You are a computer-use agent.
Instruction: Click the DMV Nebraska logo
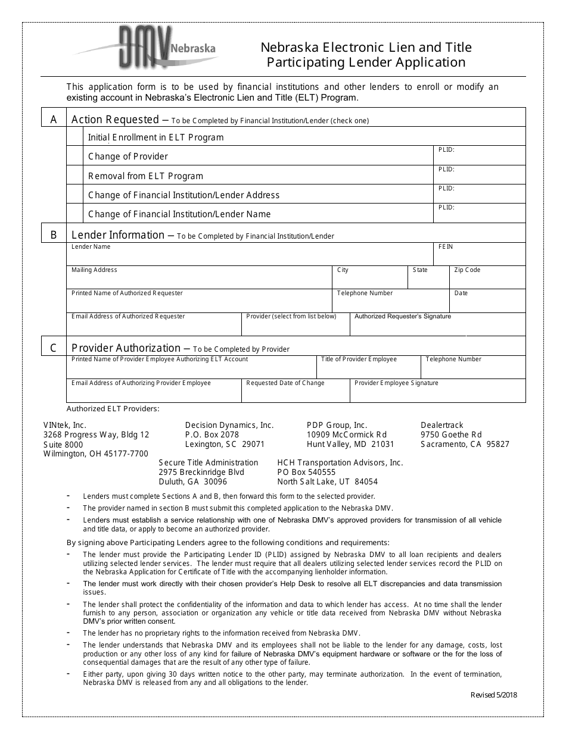tap(146, 48)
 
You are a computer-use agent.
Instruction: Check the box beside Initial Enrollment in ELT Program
tap(75, 137)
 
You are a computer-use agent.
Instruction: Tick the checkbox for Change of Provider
tap(75, 156)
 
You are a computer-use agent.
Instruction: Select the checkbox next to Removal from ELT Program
tap(75, 176)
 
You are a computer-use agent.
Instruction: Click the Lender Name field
tap(250, 256)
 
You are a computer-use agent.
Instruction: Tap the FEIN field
tap(480, 256)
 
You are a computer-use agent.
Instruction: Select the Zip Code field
tap(487, 280)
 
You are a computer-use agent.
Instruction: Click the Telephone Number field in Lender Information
tap(390, 303)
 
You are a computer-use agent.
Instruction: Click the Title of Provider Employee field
tap(368, 369)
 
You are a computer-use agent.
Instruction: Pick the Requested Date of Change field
tap(296, 393)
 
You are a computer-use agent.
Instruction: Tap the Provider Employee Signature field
tap(437, 393)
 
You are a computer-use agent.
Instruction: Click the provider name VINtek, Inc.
tap(65, 426)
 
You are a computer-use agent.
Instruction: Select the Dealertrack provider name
tap(441, 426)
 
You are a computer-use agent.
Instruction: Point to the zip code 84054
tap(366, 481)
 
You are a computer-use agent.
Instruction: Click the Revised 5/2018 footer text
tap(494, 695)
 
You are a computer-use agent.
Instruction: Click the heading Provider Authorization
tap(126, 348)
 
